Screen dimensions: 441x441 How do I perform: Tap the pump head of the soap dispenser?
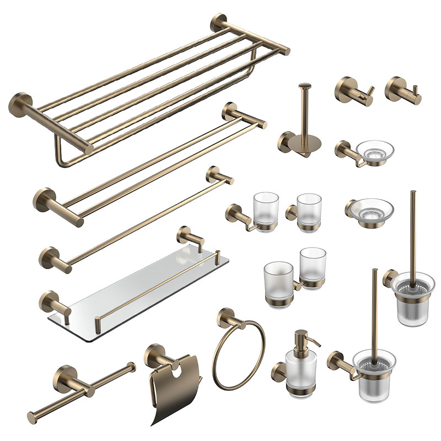(x=300, y=337)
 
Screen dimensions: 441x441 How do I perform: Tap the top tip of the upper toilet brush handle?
(x=412, y=193)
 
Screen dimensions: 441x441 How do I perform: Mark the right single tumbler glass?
(x=308, y=211)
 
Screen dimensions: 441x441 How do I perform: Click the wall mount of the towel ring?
(x=225, y=318)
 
